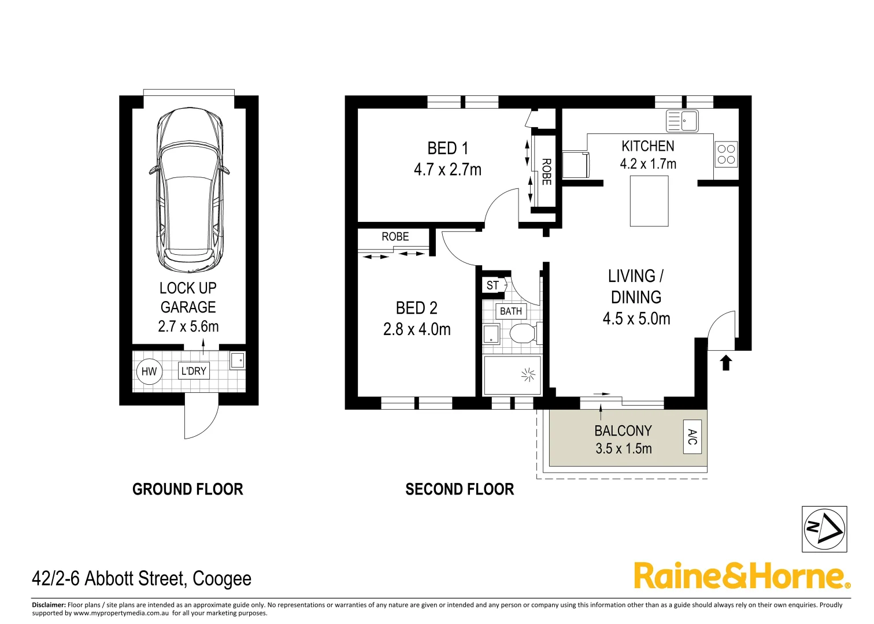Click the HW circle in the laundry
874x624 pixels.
pos(149,372)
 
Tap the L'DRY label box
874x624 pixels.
pos(194,371)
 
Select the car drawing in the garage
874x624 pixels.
pos(190,191)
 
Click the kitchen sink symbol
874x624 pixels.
pos(682,121)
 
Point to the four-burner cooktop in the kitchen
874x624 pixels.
pos(726,154)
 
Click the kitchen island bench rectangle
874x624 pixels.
pos(649,201)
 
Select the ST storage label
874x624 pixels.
pos(492,285)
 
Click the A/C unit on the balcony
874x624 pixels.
pos(692,437)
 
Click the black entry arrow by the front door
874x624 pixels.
pos(726,363)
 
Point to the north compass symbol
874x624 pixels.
pos(824,529)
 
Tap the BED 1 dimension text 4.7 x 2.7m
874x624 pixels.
pos(447,170)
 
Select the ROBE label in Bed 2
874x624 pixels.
pos(395,237)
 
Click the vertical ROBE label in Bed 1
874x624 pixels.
pos(546,172)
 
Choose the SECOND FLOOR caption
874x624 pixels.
pos(460,489)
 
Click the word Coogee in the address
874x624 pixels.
pos(222,579)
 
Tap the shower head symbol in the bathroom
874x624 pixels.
pos(528,376)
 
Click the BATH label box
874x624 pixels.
pos(510,311)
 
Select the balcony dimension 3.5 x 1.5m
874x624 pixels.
pos(623,449)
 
